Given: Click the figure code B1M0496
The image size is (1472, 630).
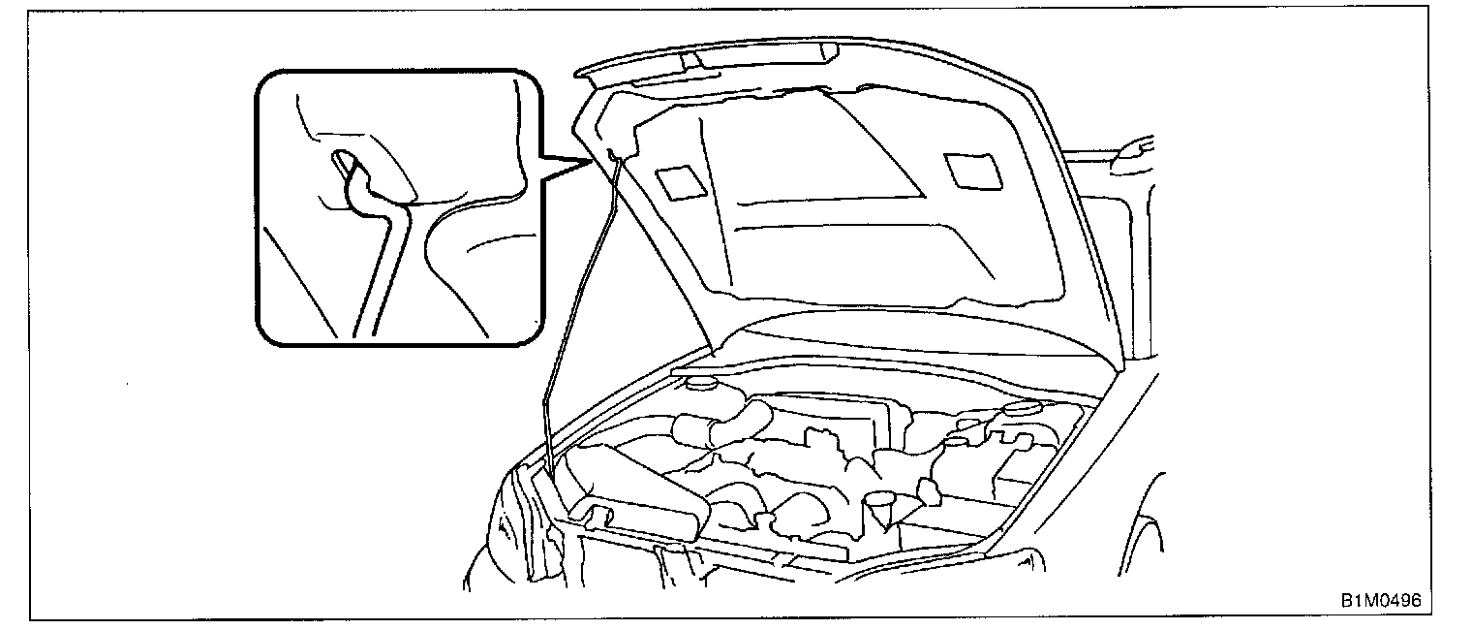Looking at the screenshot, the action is click(1380, 601).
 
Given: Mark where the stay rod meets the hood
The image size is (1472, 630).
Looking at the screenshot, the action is click(614, 155).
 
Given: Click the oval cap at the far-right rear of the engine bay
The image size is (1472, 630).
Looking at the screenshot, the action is click(1023, 408).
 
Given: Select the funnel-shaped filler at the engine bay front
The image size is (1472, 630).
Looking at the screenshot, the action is click(881, 504).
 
